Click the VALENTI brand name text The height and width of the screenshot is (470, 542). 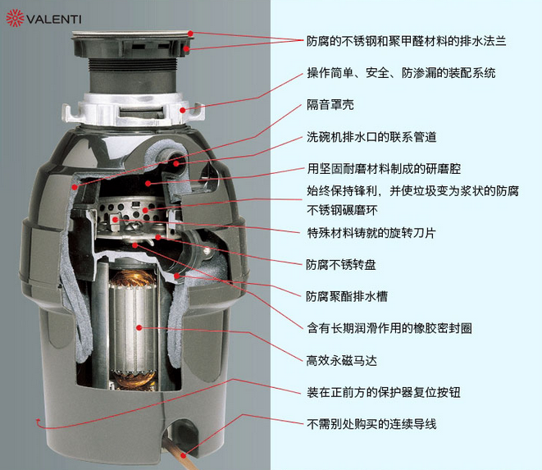pos(54,19)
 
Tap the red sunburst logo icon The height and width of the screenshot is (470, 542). pos(15,18)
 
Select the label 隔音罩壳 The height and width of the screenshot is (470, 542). pos(330,105)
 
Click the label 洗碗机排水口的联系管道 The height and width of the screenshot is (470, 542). pos(371,137)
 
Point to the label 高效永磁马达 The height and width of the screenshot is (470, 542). pos(341,361)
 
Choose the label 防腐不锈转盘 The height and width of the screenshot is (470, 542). pos(341,265)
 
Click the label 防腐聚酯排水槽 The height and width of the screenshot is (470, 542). pos(347,296)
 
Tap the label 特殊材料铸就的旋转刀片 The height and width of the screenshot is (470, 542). pos(371,233)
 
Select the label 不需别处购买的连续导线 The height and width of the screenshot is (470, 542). pos(371,424)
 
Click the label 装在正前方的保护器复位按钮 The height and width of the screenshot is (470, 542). pos(384,393)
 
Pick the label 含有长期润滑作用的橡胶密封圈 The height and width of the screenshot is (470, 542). pos(389,328)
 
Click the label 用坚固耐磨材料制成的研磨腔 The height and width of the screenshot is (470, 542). pos(384,169)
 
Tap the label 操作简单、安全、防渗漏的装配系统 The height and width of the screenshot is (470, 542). pos(401,73)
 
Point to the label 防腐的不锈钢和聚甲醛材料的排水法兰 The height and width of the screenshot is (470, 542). pos(407,41)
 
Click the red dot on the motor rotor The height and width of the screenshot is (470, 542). pos(139,327)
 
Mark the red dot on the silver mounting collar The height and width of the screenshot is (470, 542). pos(183,111)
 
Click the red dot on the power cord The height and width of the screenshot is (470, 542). pos(184,455)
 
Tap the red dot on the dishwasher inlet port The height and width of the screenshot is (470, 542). pos(176,163)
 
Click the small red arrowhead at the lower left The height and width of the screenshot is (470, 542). pos(38,421)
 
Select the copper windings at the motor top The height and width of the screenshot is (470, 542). pos(132,276)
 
